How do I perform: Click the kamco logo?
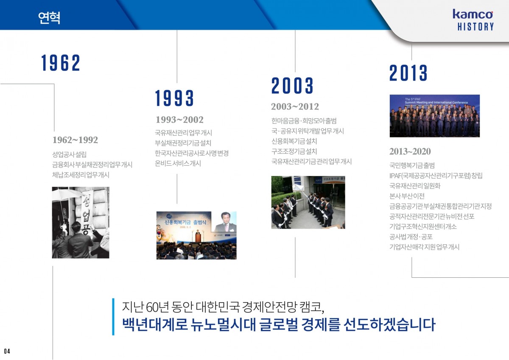[x=473, y=14]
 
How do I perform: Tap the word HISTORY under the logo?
[x=475, y=27]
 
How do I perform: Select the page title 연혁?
[x=49, y=18]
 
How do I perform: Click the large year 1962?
[x=61, y=63]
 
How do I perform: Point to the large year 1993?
[x=174, y=98]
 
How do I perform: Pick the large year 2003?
[x=292, y=85]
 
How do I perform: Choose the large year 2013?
[x=408, y=73]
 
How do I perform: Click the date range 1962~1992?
[x=75, y=140]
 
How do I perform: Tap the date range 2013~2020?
[x=410, y=151]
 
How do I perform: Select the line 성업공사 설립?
[x=69, y=154]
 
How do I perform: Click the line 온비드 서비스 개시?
[x=178, y=163]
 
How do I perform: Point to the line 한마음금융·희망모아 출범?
[x=304, y=120]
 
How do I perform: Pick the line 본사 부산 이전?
[x=407, y=196]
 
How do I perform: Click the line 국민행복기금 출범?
[x=412, y=165]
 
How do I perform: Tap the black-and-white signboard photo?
[x=81, y=223]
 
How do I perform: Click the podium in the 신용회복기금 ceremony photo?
[x=198, y=237]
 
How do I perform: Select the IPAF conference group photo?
[x=435, y=116]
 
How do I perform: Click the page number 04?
[x=7, y=352]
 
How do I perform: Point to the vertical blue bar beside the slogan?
[x=113, y=317]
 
